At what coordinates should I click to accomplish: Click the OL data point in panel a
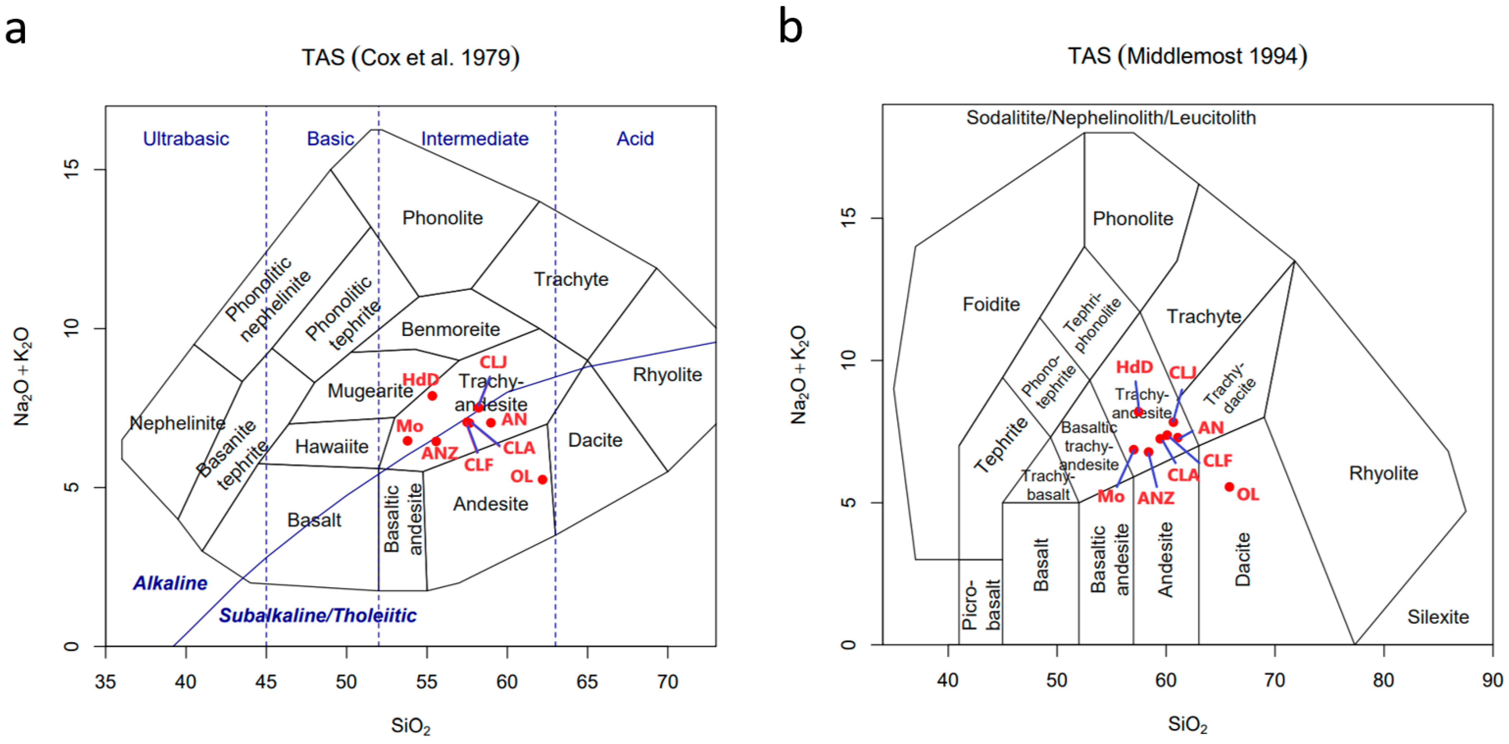point(542,480)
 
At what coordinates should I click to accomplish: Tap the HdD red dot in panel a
point(432,396)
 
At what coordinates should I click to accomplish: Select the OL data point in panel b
point(1230,487)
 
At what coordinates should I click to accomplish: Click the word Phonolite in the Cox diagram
point(442,218)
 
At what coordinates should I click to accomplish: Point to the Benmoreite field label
point(450,329)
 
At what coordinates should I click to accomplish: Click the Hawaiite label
point(331,446)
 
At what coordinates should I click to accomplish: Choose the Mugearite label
point(370,391)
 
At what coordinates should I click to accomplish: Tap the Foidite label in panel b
point(991,304)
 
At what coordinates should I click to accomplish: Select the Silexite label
point(1438,617)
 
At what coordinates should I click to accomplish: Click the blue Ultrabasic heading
point(186,139)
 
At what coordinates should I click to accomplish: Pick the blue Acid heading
point(635,139)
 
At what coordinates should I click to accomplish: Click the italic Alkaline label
point(170,583)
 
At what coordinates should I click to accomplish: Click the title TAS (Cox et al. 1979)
point(410,58)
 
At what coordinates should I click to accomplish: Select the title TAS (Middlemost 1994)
point(1187,56)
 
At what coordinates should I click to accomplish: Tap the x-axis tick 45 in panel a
point(266,682)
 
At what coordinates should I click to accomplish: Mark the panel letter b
point(790,28)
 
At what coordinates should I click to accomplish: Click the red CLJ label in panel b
point(1183,373)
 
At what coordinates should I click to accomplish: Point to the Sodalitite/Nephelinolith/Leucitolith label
point(1111,118)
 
